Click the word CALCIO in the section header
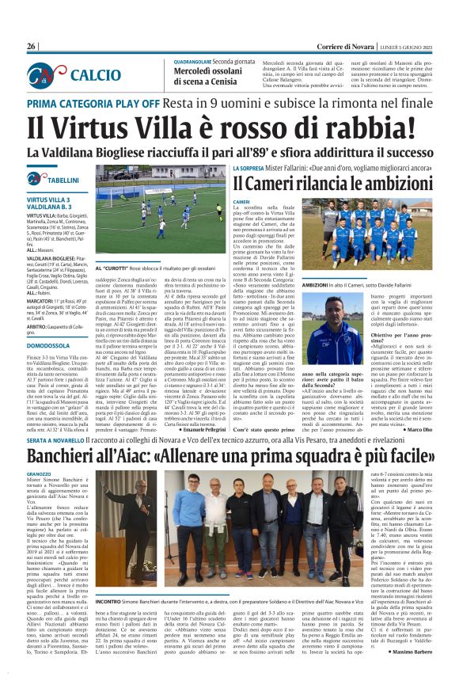95,74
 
